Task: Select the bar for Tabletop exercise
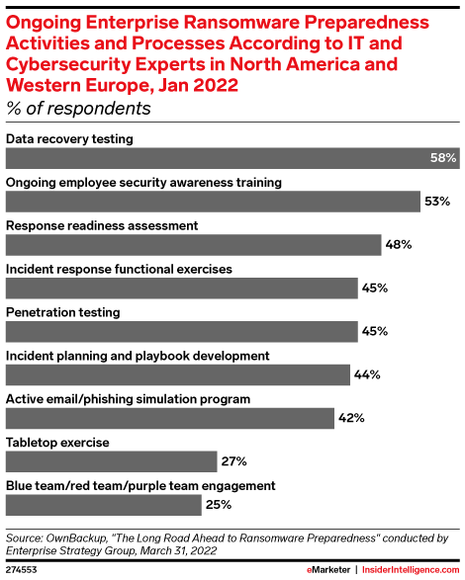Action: (x=111, y=461)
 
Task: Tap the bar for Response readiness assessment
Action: (x=194, y=245)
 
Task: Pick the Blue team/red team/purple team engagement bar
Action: (x=104, y=505)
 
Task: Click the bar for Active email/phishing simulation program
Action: (x=170, y=418)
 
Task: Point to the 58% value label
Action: (x=443, y=158)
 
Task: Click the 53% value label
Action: (x=437, y=202)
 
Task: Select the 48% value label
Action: (x=398, y=245)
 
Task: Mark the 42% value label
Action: (x=351, y=418)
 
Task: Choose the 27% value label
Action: (x=233, y=461)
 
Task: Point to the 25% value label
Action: (x=219, y=505)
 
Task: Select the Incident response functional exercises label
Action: (x=119, y=269)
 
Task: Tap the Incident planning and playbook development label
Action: (x=139, y=355)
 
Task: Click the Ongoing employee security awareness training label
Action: (x=144, y=182)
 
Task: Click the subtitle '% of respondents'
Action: (x=78, y=108)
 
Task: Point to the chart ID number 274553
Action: (x=24, y=570)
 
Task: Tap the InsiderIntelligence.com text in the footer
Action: (x=409, y=570)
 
